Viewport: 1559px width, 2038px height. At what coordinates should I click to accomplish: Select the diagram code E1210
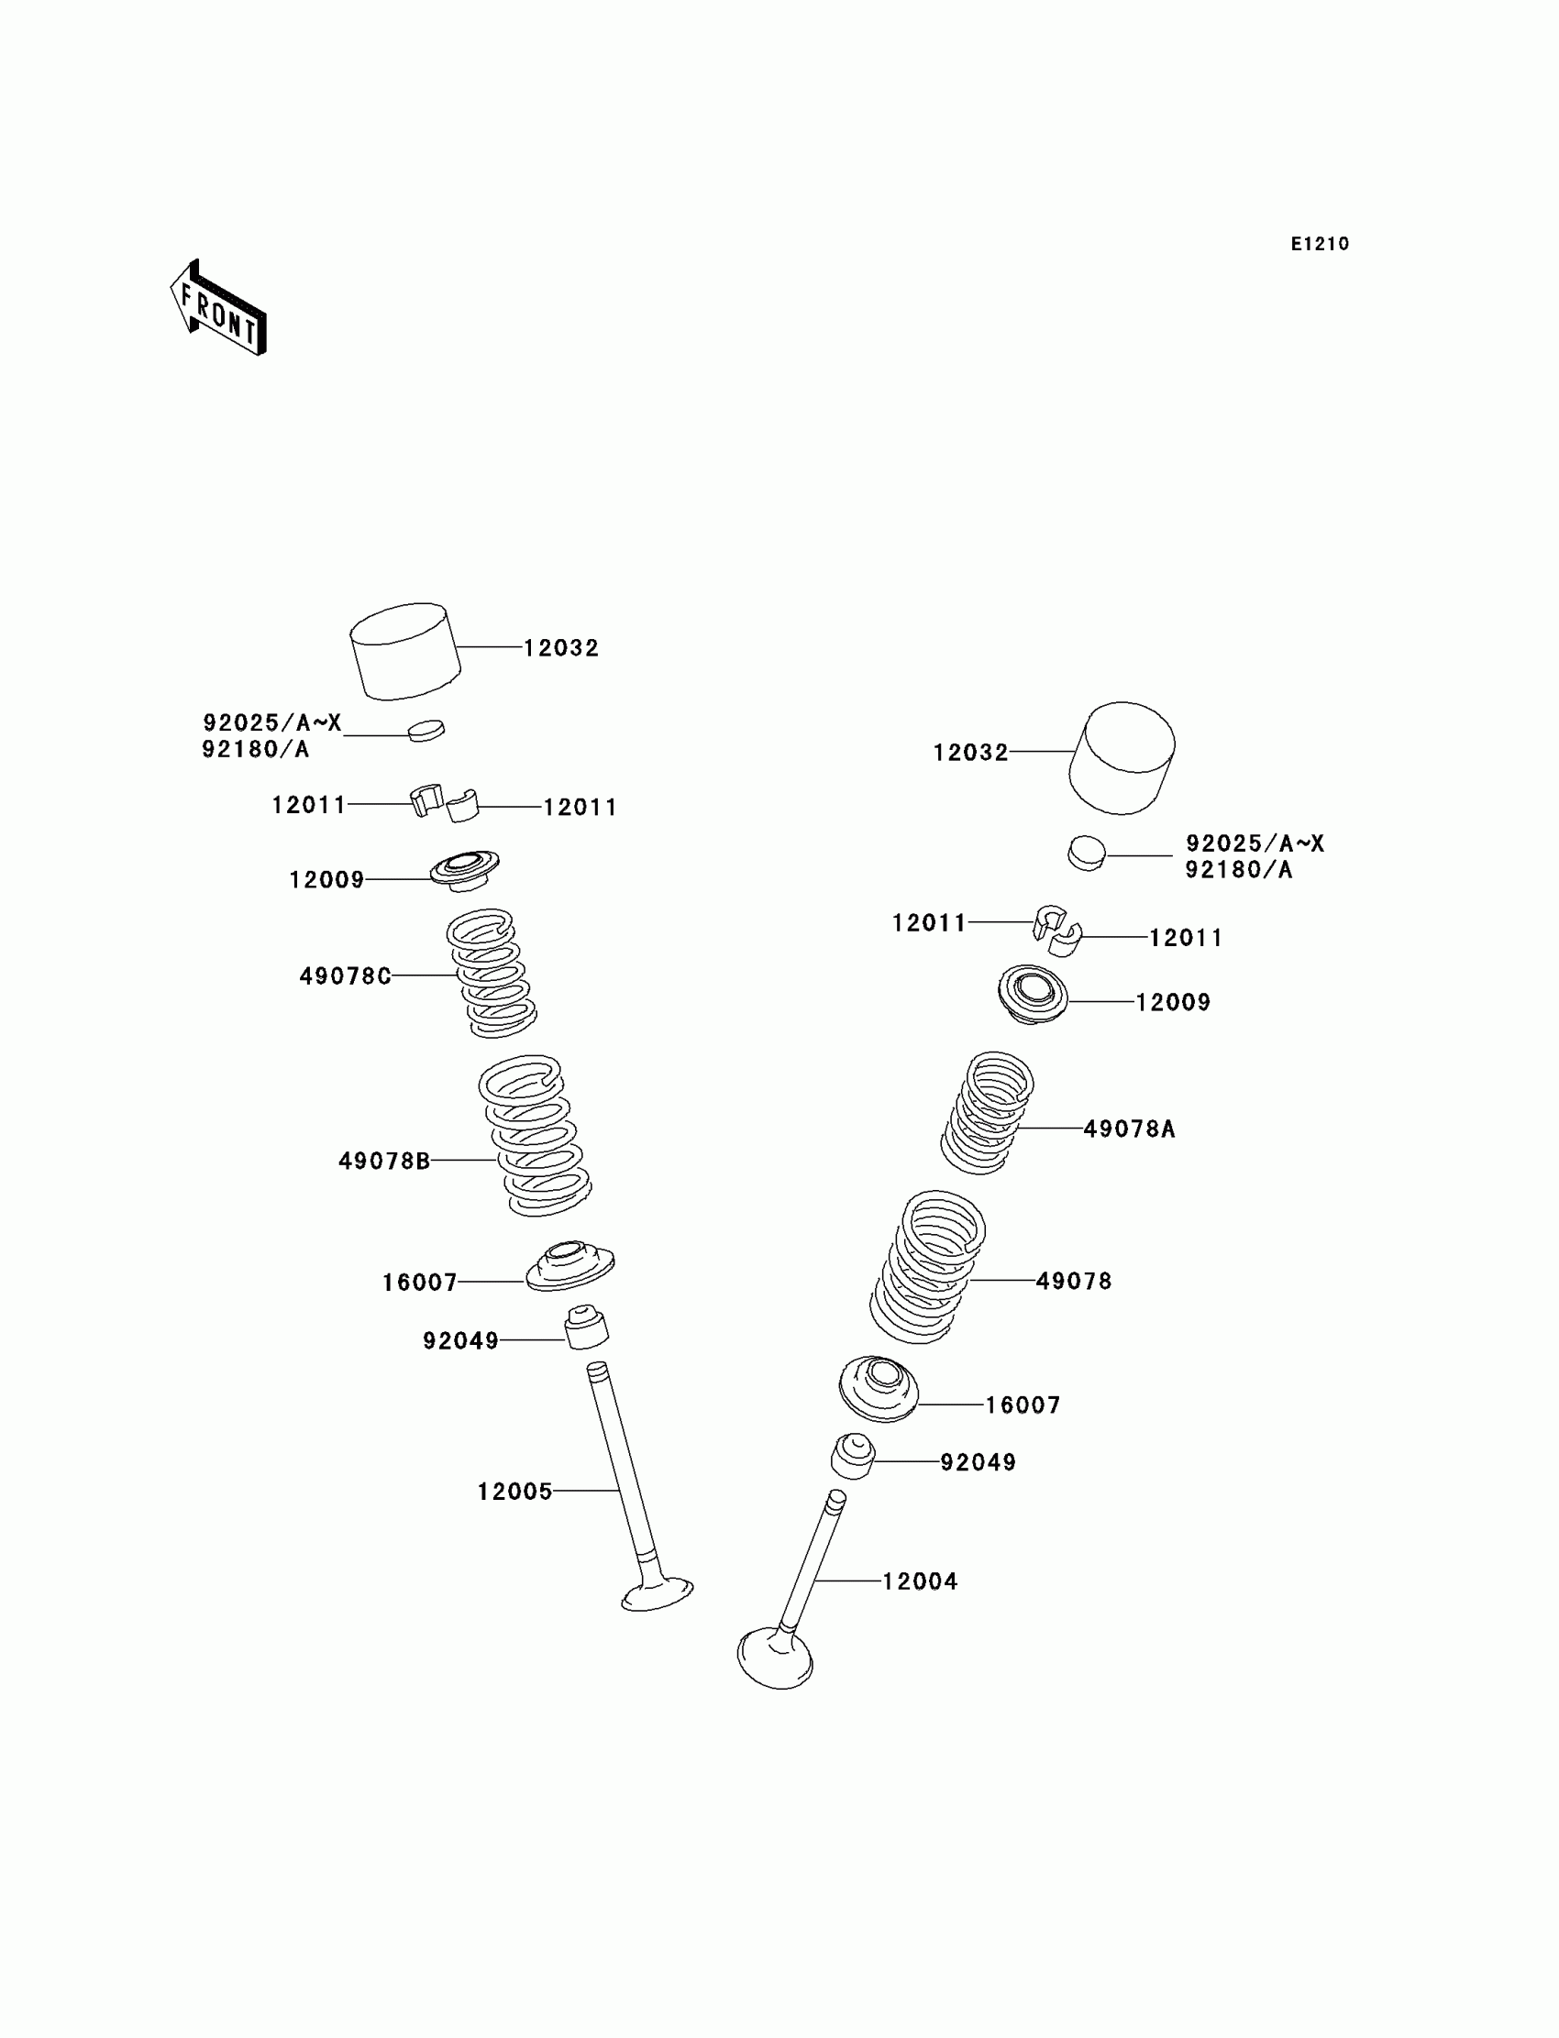1320,244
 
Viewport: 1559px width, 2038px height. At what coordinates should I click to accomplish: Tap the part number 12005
514,1492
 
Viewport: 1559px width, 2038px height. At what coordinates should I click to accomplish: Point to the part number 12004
919,1581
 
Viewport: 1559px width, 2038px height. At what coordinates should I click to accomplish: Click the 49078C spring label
344,975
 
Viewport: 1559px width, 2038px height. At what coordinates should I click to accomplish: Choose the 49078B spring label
384,1161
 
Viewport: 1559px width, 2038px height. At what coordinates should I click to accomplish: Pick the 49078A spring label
1129,1129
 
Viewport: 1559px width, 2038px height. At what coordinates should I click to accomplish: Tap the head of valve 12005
657,1594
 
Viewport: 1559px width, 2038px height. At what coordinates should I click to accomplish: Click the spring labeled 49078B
536,1135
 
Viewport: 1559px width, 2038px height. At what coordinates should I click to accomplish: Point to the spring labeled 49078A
988,1112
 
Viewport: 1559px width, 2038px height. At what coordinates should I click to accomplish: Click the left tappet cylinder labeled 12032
404,650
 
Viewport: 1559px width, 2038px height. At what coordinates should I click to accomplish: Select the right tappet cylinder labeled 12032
1122,758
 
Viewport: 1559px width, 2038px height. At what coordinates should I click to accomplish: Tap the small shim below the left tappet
426,730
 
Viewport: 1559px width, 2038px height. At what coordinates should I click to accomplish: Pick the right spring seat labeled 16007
878,1388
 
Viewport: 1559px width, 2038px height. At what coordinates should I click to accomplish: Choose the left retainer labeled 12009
464,870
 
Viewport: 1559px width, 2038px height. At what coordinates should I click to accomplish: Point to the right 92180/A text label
1238,870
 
